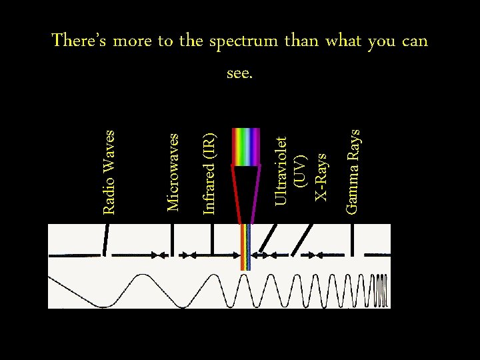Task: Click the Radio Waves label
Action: pos(109,172)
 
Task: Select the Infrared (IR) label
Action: pos(209,174)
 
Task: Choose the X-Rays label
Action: pos(321,177)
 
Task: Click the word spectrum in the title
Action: pos(243,41)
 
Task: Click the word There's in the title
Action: pos(80,41)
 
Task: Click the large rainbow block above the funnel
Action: pos(245,147)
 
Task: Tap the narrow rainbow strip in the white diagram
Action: pos(245,247)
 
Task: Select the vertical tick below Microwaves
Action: pos(173,240)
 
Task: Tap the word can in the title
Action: pos(415,41)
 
